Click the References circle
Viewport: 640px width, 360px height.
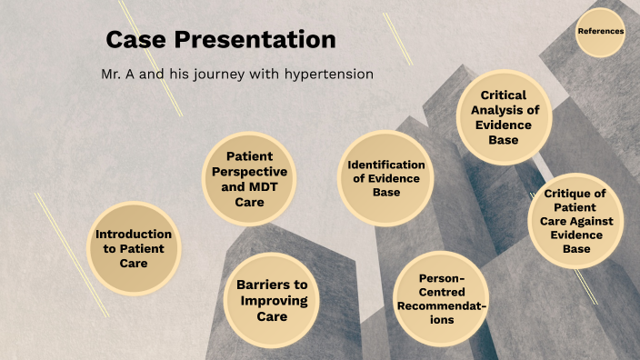click(x=600, y=32)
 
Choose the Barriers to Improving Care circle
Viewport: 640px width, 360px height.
click(x=272, y=301)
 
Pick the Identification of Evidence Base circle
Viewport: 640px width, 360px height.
click(x=386, y=178)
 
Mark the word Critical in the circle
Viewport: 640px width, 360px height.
click(x=504, y=95)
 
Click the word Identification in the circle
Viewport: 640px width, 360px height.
click(x=386, y=165)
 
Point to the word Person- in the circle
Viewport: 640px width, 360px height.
click(x=442, y=278)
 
